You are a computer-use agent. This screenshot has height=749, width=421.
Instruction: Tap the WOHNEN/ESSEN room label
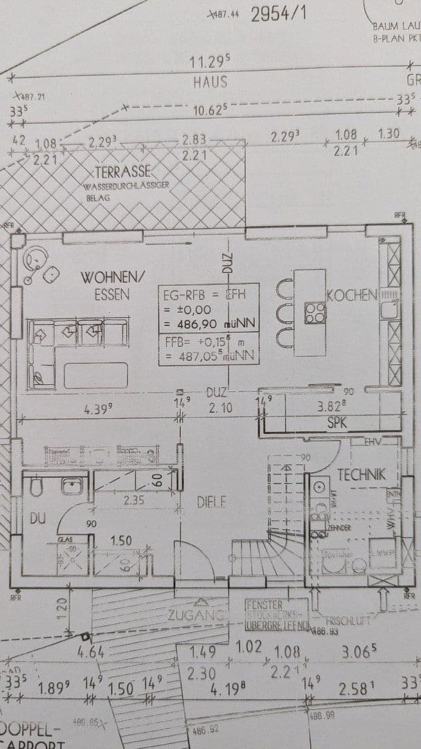coord(114,285)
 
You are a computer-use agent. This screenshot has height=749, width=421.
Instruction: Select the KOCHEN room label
coord(352,295)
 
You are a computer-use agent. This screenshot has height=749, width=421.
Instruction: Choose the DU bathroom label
coord(36,518)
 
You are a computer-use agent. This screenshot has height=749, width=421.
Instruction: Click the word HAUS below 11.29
coord(210,82)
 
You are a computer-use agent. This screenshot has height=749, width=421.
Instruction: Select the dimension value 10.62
coord(208,110)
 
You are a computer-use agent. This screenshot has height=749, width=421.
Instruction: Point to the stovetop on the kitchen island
coord(315,313)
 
